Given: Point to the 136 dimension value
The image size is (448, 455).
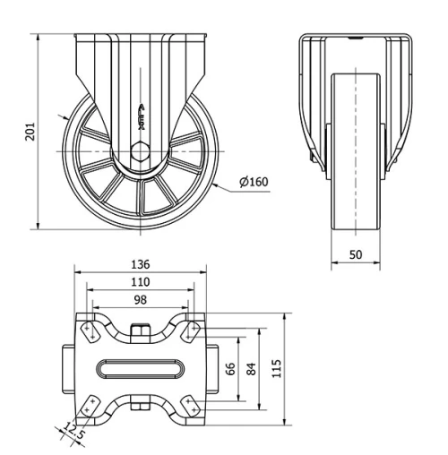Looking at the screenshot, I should [140, 264].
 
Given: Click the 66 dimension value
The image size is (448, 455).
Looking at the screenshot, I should [230, 369].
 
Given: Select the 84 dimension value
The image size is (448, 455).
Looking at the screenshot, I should [253, 369].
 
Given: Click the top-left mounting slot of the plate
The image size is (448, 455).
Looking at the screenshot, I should [89, 331].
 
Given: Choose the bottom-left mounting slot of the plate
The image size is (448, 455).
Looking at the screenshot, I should [89, 408].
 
